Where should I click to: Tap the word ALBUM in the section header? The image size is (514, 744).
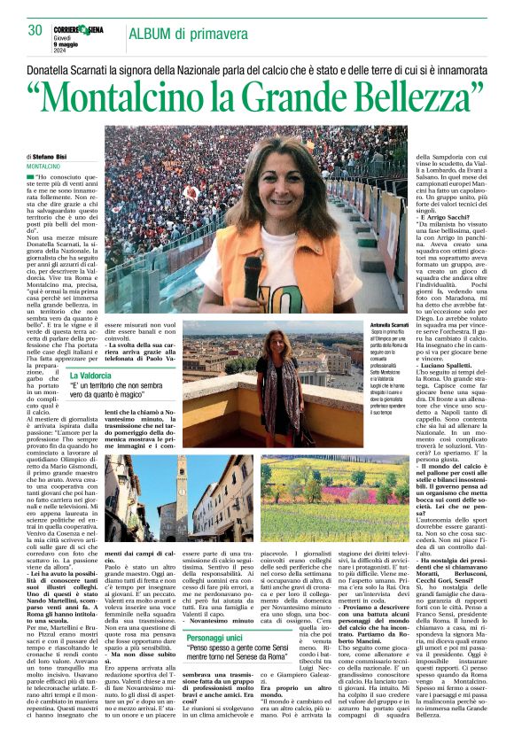click(x=154, y=34)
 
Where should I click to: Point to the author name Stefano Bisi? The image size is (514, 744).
click(x=61, y=156)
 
